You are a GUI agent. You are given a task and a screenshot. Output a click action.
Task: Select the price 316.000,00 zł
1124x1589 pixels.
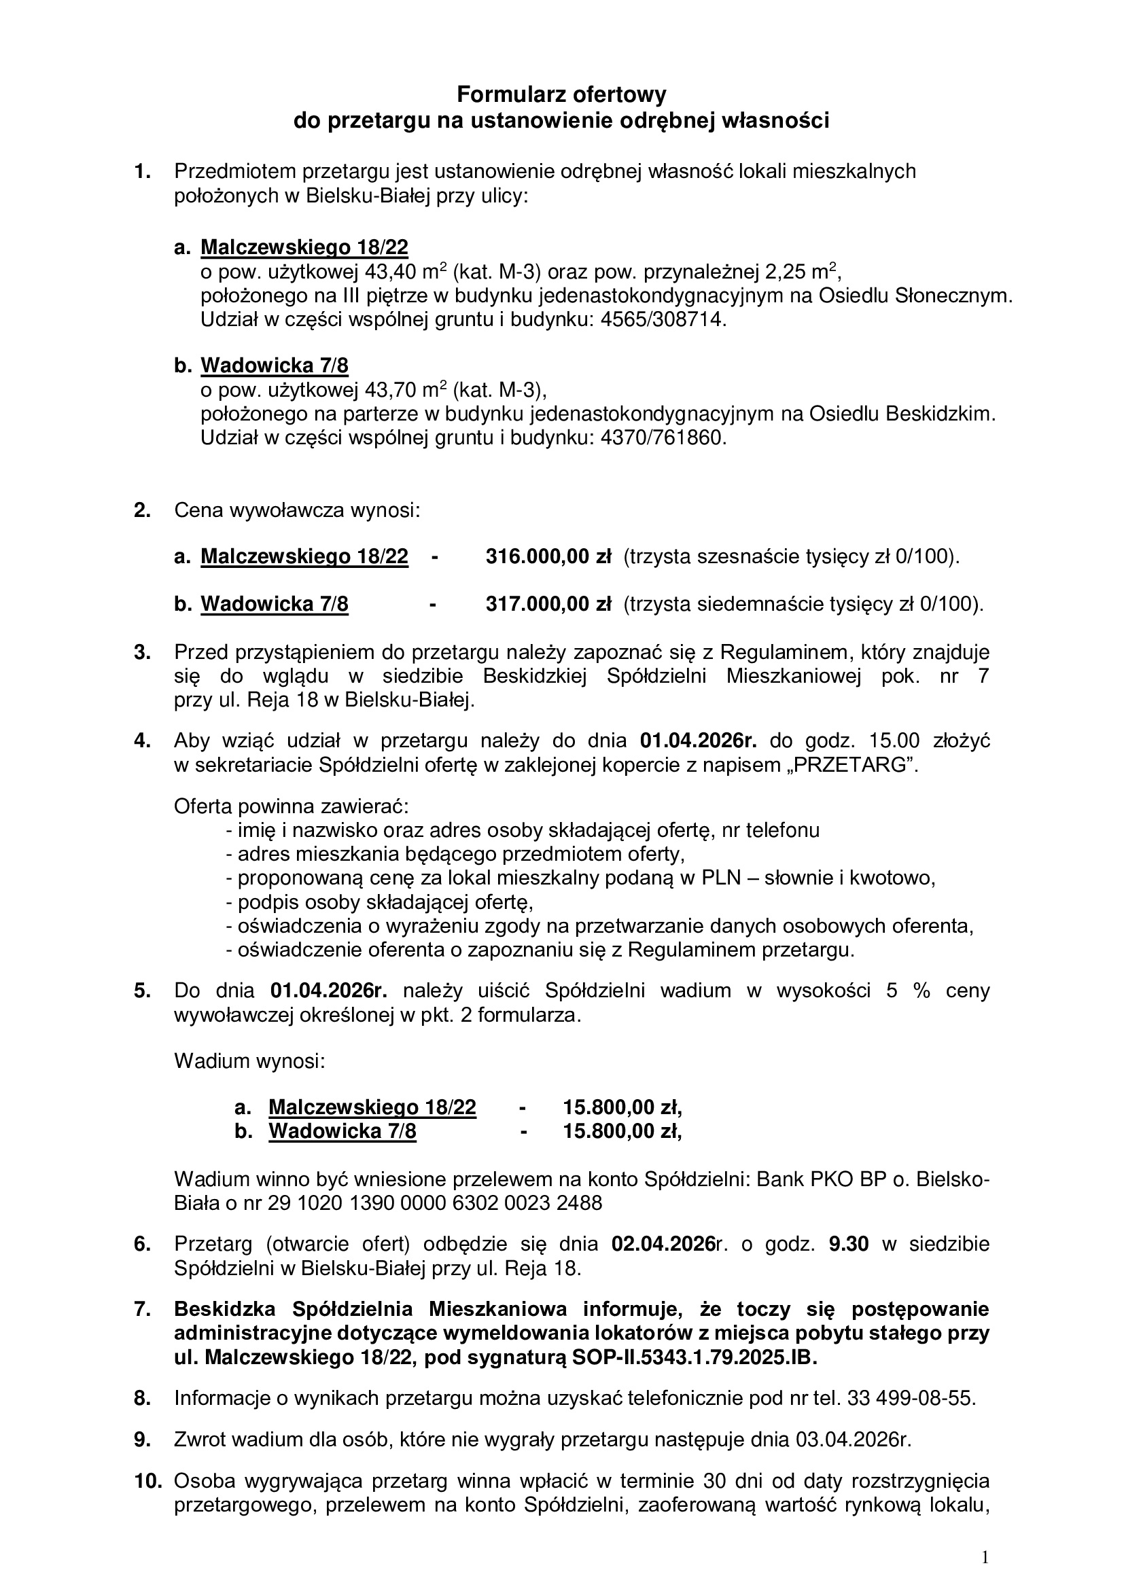(x=548, y=556)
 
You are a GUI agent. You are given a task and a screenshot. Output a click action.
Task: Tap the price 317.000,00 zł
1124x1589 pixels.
(x=548, y=604)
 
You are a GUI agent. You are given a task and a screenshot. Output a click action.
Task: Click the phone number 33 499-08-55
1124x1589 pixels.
(x=911, y=1398)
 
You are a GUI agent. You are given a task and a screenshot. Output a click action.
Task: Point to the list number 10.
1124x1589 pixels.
(x=147, y=1481)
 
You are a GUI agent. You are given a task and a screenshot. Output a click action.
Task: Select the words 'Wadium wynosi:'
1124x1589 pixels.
(x=249, y=1061)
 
